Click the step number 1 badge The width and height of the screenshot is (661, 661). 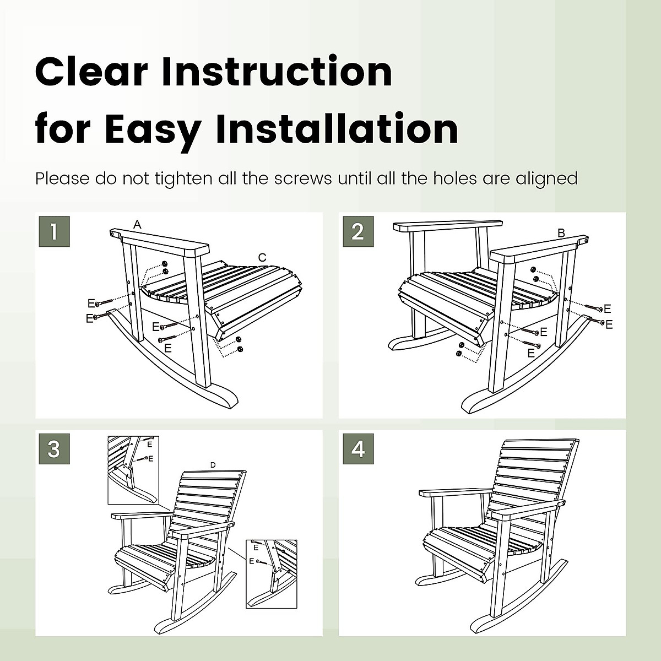click(54, 231)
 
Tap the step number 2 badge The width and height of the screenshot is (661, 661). click(358, 231)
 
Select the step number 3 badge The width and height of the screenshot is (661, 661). click(54, 449)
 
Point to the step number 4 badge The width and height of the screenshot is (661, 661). click(358, 449)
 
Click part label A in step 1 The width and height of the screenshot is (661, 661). click(137, 224)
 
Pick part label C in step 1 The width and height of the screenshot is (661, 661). click(262, 257)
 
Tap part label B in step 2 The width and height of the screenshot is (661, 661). click(561, 233)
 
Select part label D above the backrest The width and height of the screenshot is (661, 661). click(213, 465)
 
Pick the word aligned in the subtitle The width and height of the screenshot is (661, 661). click(546, 178)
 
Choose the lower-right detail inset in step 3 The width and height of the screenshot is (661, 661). click(271, 573)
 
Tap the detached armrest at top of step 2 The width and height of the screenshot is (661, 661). click(447, 226)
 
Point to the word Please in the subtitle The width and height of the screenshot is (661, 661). click(62, 178)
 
